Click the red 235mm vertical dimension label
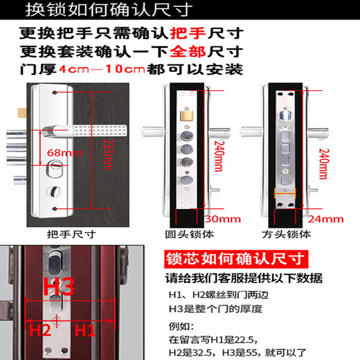[x=106, y=156]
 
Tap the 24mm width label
[x=325, y=219]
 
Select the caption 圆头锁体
[x=188, y=234]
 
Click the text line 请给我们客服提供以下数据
[x=243, y=279]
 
